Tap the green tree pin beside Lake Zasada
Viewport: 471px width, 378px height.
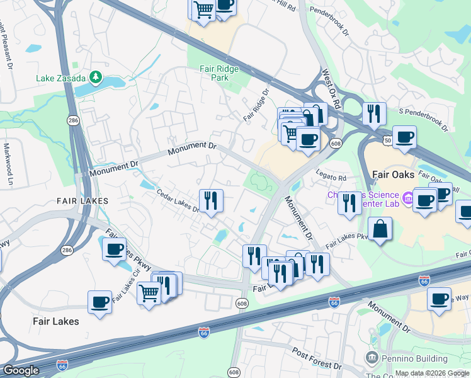(x=96, y=77)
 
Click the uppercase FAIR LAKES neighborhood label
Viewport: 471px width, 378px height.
(x=82, y=200)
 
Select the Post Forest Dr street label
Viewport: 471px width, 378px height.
(x=317, y=357)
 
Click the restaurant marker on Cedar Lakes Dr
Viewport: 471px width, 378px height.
(x=211, y=201)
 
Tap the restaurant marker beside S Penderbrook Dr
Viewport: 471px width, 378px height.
(x=374, y=113)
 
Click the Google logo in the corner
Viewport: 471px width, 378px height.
(x=20, y=370)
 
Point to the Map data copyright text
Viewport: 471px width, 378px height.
(x=432, y=374)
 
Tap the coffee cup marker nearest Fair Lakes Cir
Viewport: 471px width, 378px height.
(x=114, y=249)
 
